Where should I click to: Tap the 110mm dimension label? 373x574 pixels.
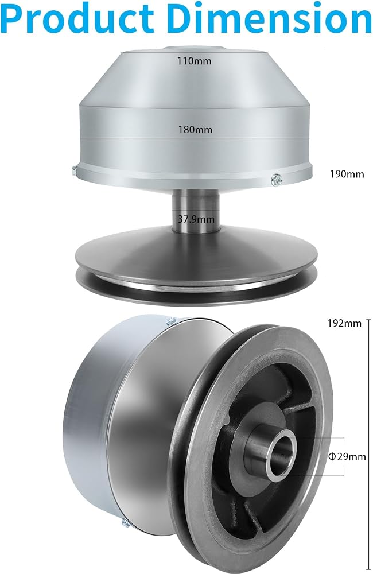[195, 60]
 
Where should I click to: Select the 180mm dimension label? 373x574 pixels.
[195, 129]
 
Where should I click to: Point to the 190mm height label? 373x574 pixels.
[347, 174]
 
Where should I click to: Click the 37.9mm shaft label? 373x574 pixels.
[196, 219]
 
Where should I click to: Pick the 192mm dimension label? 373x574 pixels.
[344, 323]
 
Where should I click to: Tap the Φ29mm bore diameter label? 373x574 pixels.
[347, 456]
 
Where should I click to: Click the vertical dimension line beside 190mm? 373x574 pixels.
[323, 162]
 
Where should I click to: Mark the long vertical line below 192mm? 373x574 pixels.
[368, 444]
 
